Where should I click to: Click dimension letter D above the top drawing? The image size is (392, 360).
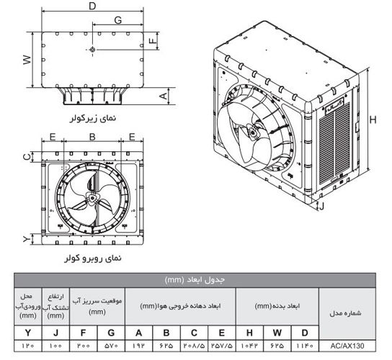(x=92, y=6)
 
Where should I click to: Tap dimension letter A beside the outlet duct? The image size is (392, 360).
(x=164, y=94)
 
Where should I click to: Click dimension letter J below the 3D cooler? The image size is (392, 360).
(x=329, y=206)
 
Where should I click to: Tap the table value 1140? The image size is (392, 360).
(x=305, y=346)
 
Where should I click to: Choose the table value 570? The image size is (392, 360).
(x=111, y=346)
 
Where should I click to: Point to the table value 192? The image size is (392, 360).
(x=138, y=346)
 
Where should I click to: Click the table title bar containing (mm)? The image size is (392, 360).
(x=196, y=279)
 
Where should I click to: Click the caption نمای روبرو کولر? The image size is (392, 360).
(x=89, y=256)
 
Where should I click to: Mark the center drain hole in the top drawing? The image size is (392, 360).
(x=93, y=50)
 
